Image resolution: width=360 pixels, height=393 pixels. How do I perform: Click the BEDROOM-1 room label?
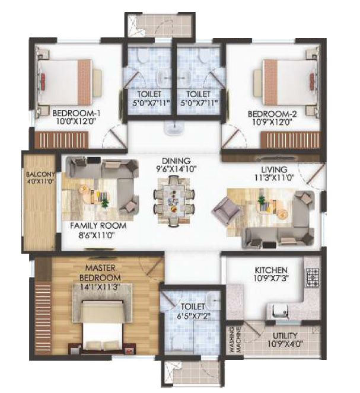click(x=77, y=114)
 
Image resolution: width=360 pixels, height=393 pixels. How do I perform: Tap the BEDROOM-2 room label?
click(x=272, y=114)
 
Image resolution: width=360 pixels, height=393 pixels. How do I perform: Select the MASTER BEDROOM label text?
click(x=100, y=273)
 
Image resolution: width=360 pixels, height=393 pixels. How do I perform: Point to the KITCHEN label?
click(x=271, y=270)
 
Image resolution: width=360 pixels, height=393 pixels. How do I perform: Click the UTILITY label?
click(x=285, y=336)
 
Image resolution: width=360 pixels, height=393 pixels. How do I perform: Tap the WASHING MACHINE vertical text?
click(x=235, y=340)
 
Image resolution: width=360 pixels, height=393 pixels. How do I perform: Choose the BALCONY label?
click(x=40, y=174)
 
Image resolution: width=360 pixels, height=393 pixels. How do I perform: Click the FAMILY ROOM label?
click(x=98, y=226)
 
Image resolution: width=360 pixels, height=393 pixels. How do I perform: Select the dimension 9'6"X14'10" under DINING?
click(x=176, y=169)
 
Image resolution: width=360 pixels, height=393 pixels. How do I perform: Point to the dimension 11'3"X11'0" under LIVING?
click(x=274, y=178)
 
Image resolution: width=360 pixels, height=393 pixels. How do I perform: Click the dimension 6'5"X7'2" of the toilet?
click(x=193, y=316)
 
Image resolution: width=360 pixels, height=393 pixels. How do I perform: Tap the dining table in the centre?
click(x=174, y=200)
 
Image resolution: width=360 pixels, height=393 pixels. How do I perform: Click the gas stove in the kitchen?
click(x=312, y=277)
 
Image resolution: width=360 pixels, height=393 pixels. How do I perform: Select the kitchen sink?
click(x=279, y=312)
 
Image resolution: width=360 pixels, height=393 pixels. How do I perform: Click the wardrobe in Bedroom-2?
click(x=290, y=140)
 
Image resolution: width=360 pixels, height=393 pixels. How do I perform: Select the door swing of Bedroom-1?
click(x=113, y=137)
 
